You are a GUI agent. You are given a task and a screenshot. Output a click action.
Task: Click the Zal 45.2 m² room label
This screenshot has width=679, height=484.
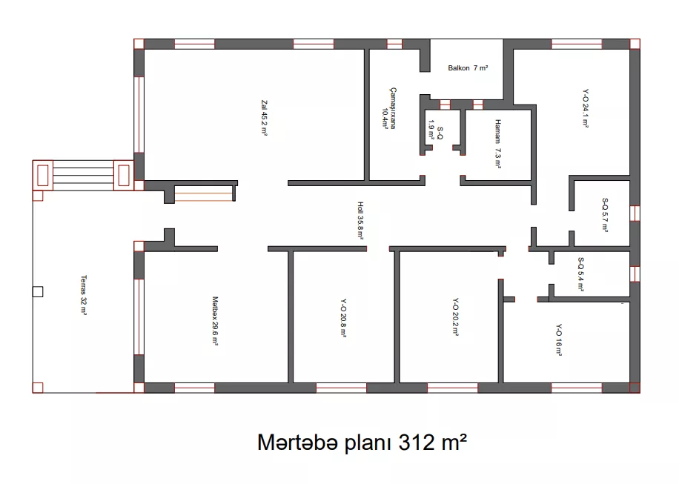(264, 118)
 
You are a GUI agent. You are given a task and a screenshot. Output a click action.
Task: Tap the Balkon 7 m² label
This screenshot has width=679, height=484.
(468, 68)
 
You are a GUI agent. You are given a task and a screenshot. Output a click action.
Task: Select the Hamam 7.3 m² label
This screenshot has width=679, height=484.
(498, 143)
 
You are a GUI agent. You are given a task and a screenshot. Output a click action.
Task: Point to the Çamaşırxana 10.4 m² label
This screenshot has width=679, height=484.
(389, 108)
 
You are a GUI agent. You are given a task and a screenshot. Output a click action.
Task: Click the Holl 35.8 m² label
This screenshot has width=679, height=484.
(360, 220)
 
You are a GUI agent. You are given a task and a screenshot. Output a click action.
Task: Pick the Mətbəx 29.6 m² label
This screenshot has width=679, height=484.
(215, 320)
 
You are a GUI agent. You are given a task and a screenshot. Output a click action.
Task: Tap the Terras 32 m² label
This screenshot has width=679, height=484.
(84, 295)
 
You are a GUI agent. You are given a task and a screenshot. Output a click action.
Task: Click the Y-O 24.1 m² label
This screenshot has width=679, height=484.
(586, 107)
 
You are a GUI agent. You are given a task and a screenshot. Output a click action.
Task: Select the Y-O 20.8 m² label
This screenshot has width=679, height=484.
(343, 318)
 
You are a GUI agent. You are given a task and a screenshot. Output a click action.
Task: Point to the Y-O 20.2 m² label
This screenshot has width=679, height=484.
(456, 316)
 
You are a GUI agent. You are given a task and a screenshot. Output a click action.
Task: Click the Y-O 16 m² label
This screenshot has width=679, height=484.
(559, 340)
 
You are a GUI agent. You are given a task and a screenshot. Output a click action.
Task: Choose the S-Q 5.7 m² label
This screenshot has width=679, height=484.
(605, 215)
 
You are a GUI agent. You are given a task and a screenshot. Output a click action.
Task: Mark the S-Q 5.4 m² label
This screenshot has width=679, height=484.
(580, 274)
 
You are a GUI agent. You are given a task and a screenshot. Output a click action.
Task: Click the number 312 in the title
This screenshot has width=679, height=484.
(416, 442)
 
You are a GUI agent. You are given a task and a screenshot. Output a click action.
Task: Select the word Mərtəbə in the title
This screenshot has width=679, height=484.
(297, 442)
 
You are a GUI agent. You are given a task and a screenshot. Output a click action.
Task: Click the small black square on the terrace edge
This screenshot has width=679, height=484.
(38, 292)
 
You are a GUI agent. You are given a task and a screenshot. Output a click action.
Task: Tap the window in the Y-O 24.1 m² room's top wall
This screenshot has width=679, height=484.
(577, 44)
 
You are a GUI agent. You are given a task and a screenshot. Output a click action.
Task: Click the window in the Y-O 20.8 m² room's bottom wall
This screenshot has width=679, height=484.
(341, 388)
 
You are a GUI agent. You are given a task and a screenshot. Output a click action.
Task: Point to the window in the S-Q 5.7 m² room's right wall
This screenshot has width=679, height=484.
(635, 213)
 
